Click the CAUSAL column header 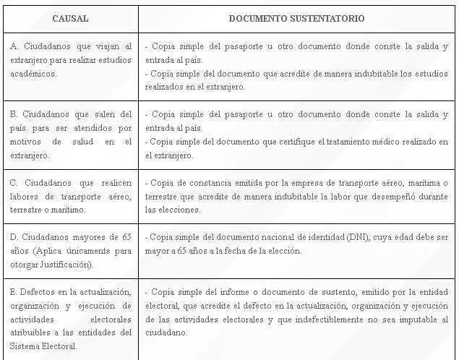tap(70, 18)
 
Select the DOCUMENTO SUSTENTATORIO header tap(296, 18)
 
